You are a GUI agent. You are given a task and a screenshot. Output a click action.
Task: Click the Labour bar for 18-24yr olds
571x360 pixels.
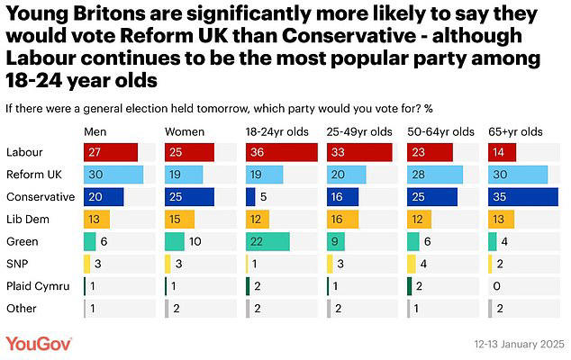(282, 152)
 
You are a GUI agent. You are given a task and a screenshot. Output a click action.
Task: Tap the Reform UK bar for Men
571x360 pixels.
(113, 175)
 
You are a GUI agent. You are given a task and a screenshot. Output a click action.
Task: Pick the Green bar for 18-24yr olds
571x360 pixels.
(267, 240)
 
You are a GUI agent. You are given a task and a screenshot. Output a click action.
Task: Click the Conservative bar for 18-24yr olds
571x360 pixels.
(250, 196)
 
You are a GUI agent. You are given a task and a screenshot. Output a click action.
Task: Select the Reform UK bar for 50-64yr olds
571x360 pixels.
(435, 175)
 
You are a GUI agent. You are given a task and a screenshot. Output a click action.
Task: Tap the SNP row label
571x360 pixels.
(17, 263)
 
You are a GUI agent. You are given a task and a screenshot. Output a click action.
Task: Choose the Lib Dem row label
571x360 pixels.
(25, 219)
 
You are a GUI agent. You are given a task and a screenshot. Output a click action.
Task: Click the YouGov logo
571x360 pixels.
(39, 344)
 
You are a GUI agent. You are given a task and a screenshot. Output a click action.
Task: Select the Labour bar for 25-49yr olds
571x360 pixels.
(360, 152)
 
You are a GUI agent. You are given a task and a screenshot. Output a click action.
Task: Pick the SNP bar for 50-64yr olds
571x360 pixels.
(411, 263)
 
